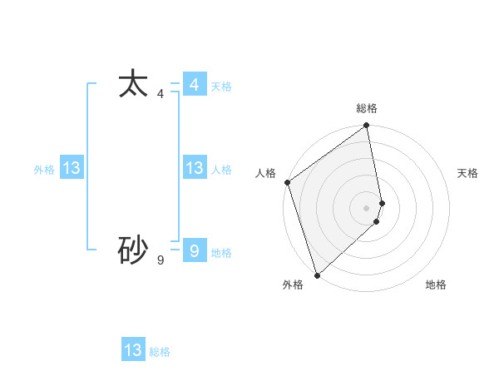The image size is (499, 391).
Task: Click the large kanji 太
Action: pos(133,84)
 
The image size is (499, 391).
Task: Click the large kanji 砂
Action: pos(133,250)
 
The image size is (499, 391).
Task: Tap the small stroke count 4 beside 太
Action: pos(161,94)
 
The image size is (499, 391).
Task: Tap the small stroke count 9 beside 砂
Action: pos(161,260)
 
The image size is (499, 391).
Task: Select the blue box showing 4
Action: pos(194,85)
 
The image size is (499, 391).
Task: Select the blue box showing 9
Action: pos(194,250)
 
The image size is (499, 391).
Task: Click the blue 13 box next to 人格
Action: pos(194,168)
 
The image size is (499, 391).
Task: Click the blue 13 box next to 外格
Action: pos(71,168)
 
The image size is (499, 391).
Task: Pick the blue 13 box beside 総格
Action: pos(133,350)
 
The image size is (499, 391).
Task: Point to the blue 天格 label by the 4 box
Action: pos(221,87)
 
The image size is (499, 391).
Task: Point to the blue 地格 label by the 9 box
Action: pos(221,253)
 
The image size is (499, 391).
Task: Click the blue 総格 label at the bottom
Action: pos(160,352)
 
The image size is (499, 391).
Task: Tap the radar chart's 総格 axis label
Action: pos(367,109)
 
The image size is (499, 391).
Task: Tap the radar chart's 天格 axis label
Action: pos(467,173)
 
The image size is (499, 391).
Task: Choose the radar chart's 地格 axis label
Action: pos(436,285)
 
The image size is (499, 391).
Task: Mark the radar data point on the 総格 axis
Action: pos(367,126)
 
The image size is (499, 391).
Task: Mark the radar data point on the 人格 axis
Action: pos(287,182)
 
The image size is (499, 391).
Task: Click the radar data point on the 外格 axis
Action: pos(317,275)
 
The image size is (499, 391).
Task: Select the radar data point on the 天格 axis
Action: pos(383,203)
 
